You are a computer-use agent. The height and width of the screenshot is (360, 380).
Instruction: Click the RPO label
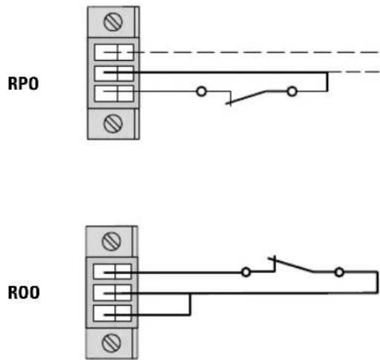(x=23, y=84)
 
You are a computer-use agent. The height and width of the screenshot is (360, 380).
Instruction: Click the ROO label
(x=24, y=292)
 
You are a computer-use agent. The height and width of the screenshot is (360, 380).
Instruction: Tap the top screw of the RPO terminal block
(x=113, y=22)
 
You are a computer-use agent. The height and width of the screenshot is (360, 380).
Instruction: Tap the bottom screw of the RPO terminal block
(x=113, y=124)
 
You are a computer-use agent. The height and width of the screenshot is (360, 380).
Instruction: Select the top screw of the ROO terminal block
(x=111, y=241)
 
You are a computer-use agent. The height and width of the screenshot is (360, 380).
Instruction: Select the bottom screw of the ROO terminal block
(x=111, y=343)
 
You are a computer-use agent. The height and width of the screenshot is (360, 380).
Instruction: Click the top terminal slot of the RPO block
(x=114, y=52)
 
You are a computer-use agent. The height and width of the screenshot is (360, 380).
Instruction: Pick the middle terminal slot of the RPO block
(x=114, y=73)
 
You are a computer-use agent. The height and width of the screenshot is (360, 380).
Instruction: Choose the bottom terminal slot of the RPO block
(x=114, y=94)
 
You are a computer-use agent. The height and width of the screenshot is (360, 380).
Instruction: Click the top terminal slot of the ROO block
(x=112, y=272)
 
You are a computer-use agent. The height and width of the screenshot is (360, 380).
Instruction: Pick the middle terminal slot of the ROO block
(x=112, y=292)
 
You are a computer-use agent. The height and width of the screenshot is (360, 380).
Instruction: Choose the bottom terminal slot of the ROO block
(x=112, y=313)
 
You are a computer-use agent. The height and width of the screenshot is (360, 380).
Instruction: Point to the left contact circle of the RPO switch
(x=201, y=91)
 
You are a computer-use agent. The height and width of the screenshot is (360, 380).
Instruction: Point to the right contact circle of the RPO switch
(x=292, y=91)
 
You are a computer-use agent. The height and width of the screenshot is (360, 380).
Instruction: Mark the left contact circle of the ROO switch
(x=246, y=272)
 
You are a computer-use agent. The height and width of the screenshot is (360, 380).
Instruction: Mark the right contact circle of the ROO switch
(x=339, y=272)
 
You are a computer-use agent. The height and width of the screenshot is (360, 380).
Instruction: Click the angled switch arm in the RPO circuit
(x=246, y=97)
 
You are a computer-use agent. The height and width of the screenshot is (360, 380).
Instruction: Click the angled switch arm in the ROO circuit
(x=291, y=265)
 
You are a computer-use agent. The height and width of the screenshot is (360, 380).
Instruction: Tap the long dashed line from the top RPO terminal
(x=241, y=52)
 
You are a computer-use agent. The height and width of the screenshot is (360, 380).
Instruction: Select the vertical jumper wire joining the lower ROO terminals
(x=190, y=304)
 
